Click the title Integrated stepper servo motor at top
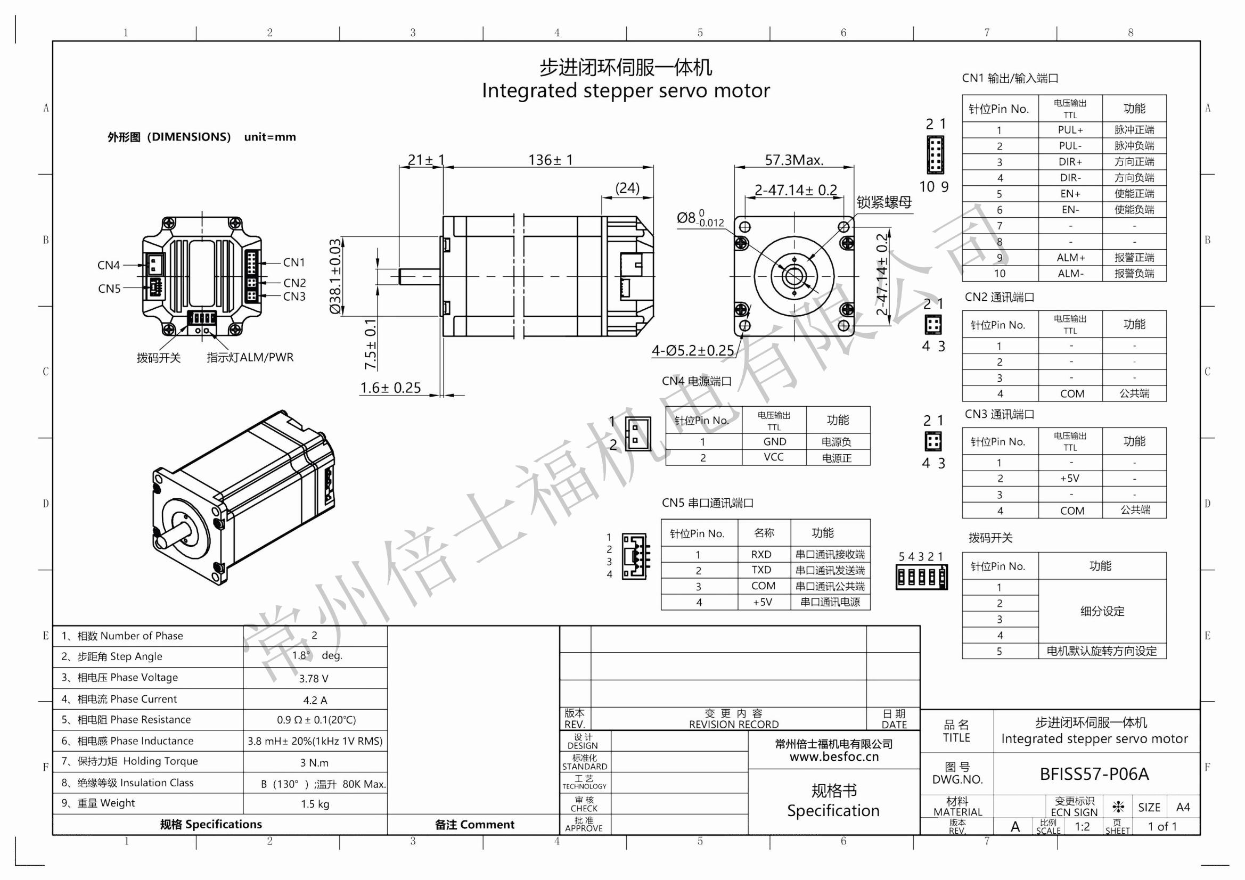(x=625, y=91)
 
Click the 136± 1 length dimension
(x=550, y=160)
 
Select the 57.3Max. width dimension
(x=794, y=160)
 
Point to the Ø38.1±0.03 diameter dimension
(x=335, y=276)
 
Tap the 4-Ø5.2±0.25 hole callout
(x=692, y=351)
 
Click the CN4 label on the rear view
(x=109, y=265)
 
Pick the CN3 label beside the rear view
(x=294, y=297)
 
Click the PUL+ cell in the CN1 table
(x=1070, y=130)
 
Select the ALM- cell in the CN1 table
(x=1070, y=274)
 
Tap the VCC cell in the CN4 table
(x=773, y=457)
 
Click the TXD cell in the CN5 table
(x=761, y=570)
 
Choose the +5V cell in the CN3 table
(x=1069, y=478)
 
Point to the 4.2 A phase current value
(x=315, y=700)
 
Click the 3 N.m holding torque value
(x=315, y=763)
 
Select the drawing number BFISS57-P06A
(x=1094, y=774)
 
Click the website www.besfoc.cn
(x=833, y=757)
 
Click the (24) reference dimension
(x=627, y=188)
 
